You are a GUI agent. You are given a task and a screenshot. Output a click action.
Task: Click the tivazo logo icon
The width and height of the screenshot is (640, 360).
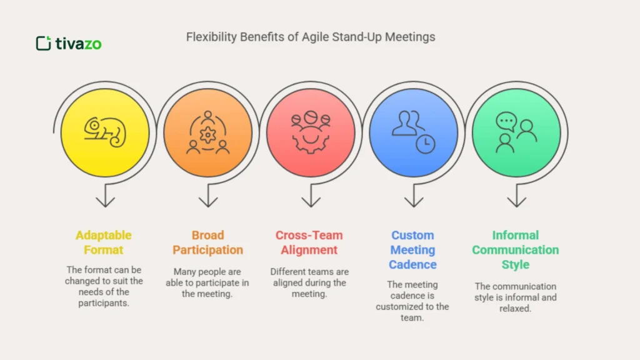pos(43,43)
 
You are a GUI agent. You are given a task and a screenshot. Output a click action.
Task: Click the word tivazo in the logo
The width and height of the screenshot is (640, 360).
pos(78,44)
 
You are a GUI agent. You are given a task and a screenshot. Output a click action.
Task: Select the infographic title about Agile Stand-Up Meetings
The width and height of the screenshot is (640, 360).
pos(311,37)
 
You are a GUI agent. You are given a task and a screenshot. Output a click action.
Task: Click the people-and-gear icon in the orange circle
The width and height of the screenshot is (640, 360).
pos(207,132)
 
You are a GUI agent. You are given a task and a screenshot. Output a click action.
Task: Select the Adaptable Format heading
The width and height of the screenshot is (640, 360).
pos(104,242)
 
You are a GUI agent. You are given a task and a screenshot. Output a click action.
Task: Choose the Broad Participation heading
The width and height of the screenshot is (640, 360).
pos(207,242)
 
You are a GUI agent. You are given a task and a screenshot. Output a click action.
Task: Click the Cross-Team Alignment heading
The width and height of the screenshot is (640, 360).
pos(309,242)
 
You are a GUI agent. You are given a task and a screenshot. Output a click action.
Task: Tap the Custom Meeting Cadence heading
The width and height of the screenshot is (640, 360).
pos(412,250)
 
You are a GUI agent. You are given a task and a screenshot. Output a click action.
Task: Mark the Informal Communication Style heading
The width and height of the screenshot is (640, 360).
pos(516,250)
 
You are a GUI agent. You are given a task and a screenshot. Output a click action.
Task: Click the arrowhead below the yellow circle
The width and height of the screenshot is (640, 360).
pos(105,201)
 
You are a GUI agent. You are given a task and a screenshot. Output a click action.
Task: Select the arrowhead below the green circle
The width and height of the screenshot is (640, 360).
pos(516,201)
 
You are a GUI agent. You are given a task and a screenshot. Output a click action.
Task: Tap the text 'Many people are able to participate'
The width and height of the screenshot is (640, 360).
pos(207,282)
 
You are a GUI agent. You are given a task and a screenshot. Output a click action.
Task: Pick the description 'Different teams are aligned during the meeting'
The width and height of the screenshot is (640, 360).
pos(309,282)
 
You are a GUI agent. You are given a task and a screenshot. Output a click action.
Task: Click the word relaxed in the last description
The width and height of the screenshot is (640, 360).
pos(516,309)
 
